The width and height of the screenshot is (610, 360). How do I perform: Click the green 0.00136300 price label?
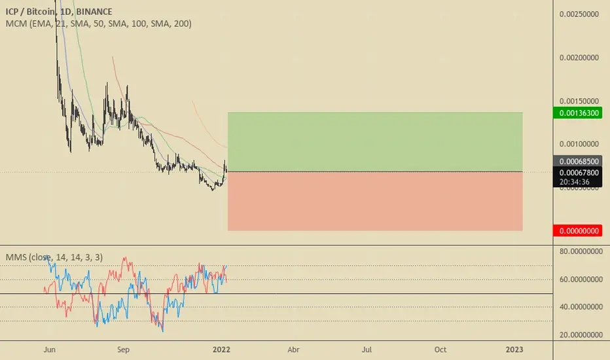coord(580,113)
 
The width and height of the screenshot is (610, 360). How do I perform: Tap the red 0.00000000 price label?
coord(580,230)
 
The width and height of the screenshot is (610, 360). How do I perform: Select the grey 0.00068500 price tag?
coord(580,160)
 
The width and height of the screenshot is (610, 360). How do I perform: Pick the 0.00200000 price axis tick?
coord(581,58)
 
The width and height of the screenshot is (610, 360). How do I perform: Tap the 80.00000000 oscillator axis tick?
coord(581,251)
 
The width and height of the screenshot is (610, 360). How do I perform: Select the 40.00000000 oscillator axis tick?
coord(581,306)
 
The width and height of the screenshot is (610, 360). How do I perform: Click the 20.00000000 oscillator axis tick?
coord(581,334)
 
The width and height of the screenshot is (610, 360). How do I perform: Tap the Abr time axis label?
coord(293,350)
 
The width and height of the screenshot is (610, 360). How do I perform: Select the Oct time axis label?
coord(440,350)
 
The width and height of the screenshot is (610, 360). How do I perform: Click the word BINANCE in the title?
coord(93,12)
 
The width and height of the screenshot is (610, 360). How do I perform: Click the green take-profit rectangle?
coord(375,142)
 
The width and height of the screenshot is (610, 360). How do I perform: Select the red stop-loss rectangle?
coord(375,201)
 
